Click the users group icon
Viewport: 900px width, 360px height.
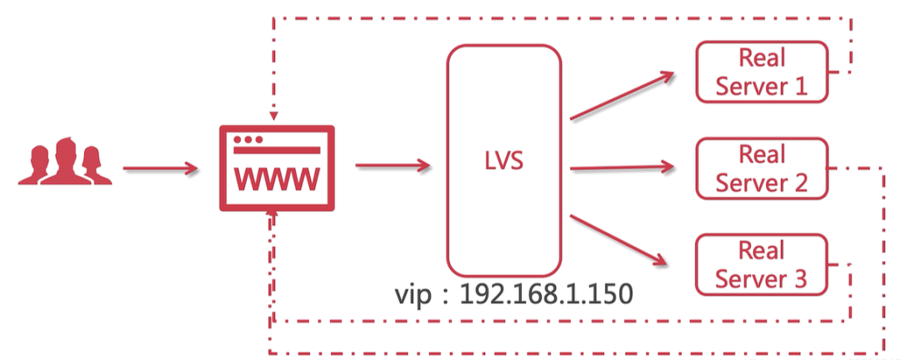pos(65,162)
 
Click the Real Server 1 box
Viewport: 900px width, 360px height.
pos(762,72)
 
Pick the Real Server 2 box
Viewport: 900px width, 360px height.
pos(762,168)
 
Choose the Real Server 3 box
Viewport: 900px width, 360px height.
pos(762,264)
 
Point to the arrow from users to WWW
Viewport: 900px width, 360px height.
pos(161,169)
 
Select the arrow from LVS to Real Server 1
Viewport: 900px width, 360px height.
pos(622,93)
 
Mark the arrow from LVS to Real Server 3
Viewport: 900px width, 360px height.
pos(622,240)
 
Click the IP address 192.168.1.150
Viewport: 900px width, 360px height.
pos(546,294)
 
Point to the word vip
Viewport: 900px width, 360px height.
pos(414,295)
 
